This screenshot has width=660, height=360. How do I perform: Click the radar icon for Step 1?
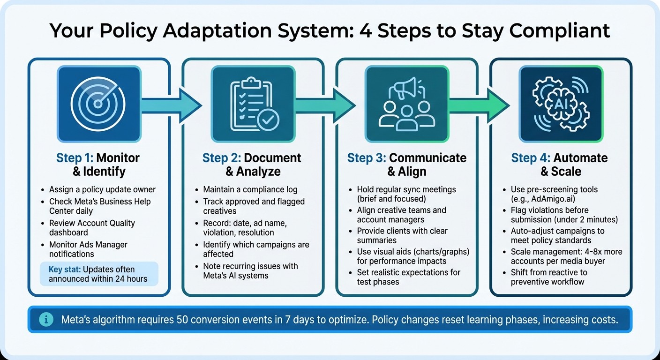coord(98,104)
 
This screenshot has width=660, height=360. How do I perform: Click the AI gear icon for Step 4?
coord(561,104)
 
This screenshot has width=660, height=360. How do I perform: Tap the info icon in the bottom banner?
coord(46,320)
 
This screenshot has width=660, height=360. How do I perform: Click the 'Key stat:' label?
coord(67,270)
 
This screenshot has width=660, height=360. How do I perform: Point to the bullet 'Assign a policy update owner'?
coord(102,190)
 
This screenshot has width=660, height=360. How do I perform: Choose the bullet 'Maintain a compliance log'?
coord(250,190)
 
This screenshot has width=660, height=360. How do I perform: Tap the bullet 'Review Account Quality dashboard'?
coord(92,228)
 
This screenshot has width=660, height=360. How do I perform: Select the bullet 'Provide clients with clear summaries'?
coord(402,236)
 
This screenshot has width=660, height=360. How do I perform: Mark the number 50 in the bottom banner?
coord(183,320)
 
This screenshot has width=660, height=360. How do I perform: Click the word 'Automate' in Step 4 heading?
coord(580,158)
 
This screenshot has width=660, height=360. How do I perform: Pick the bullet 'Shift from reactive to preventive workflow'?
coord(549,277)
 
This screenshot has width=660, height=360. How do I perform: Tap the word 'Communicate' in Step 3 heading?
coord(428,158)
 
